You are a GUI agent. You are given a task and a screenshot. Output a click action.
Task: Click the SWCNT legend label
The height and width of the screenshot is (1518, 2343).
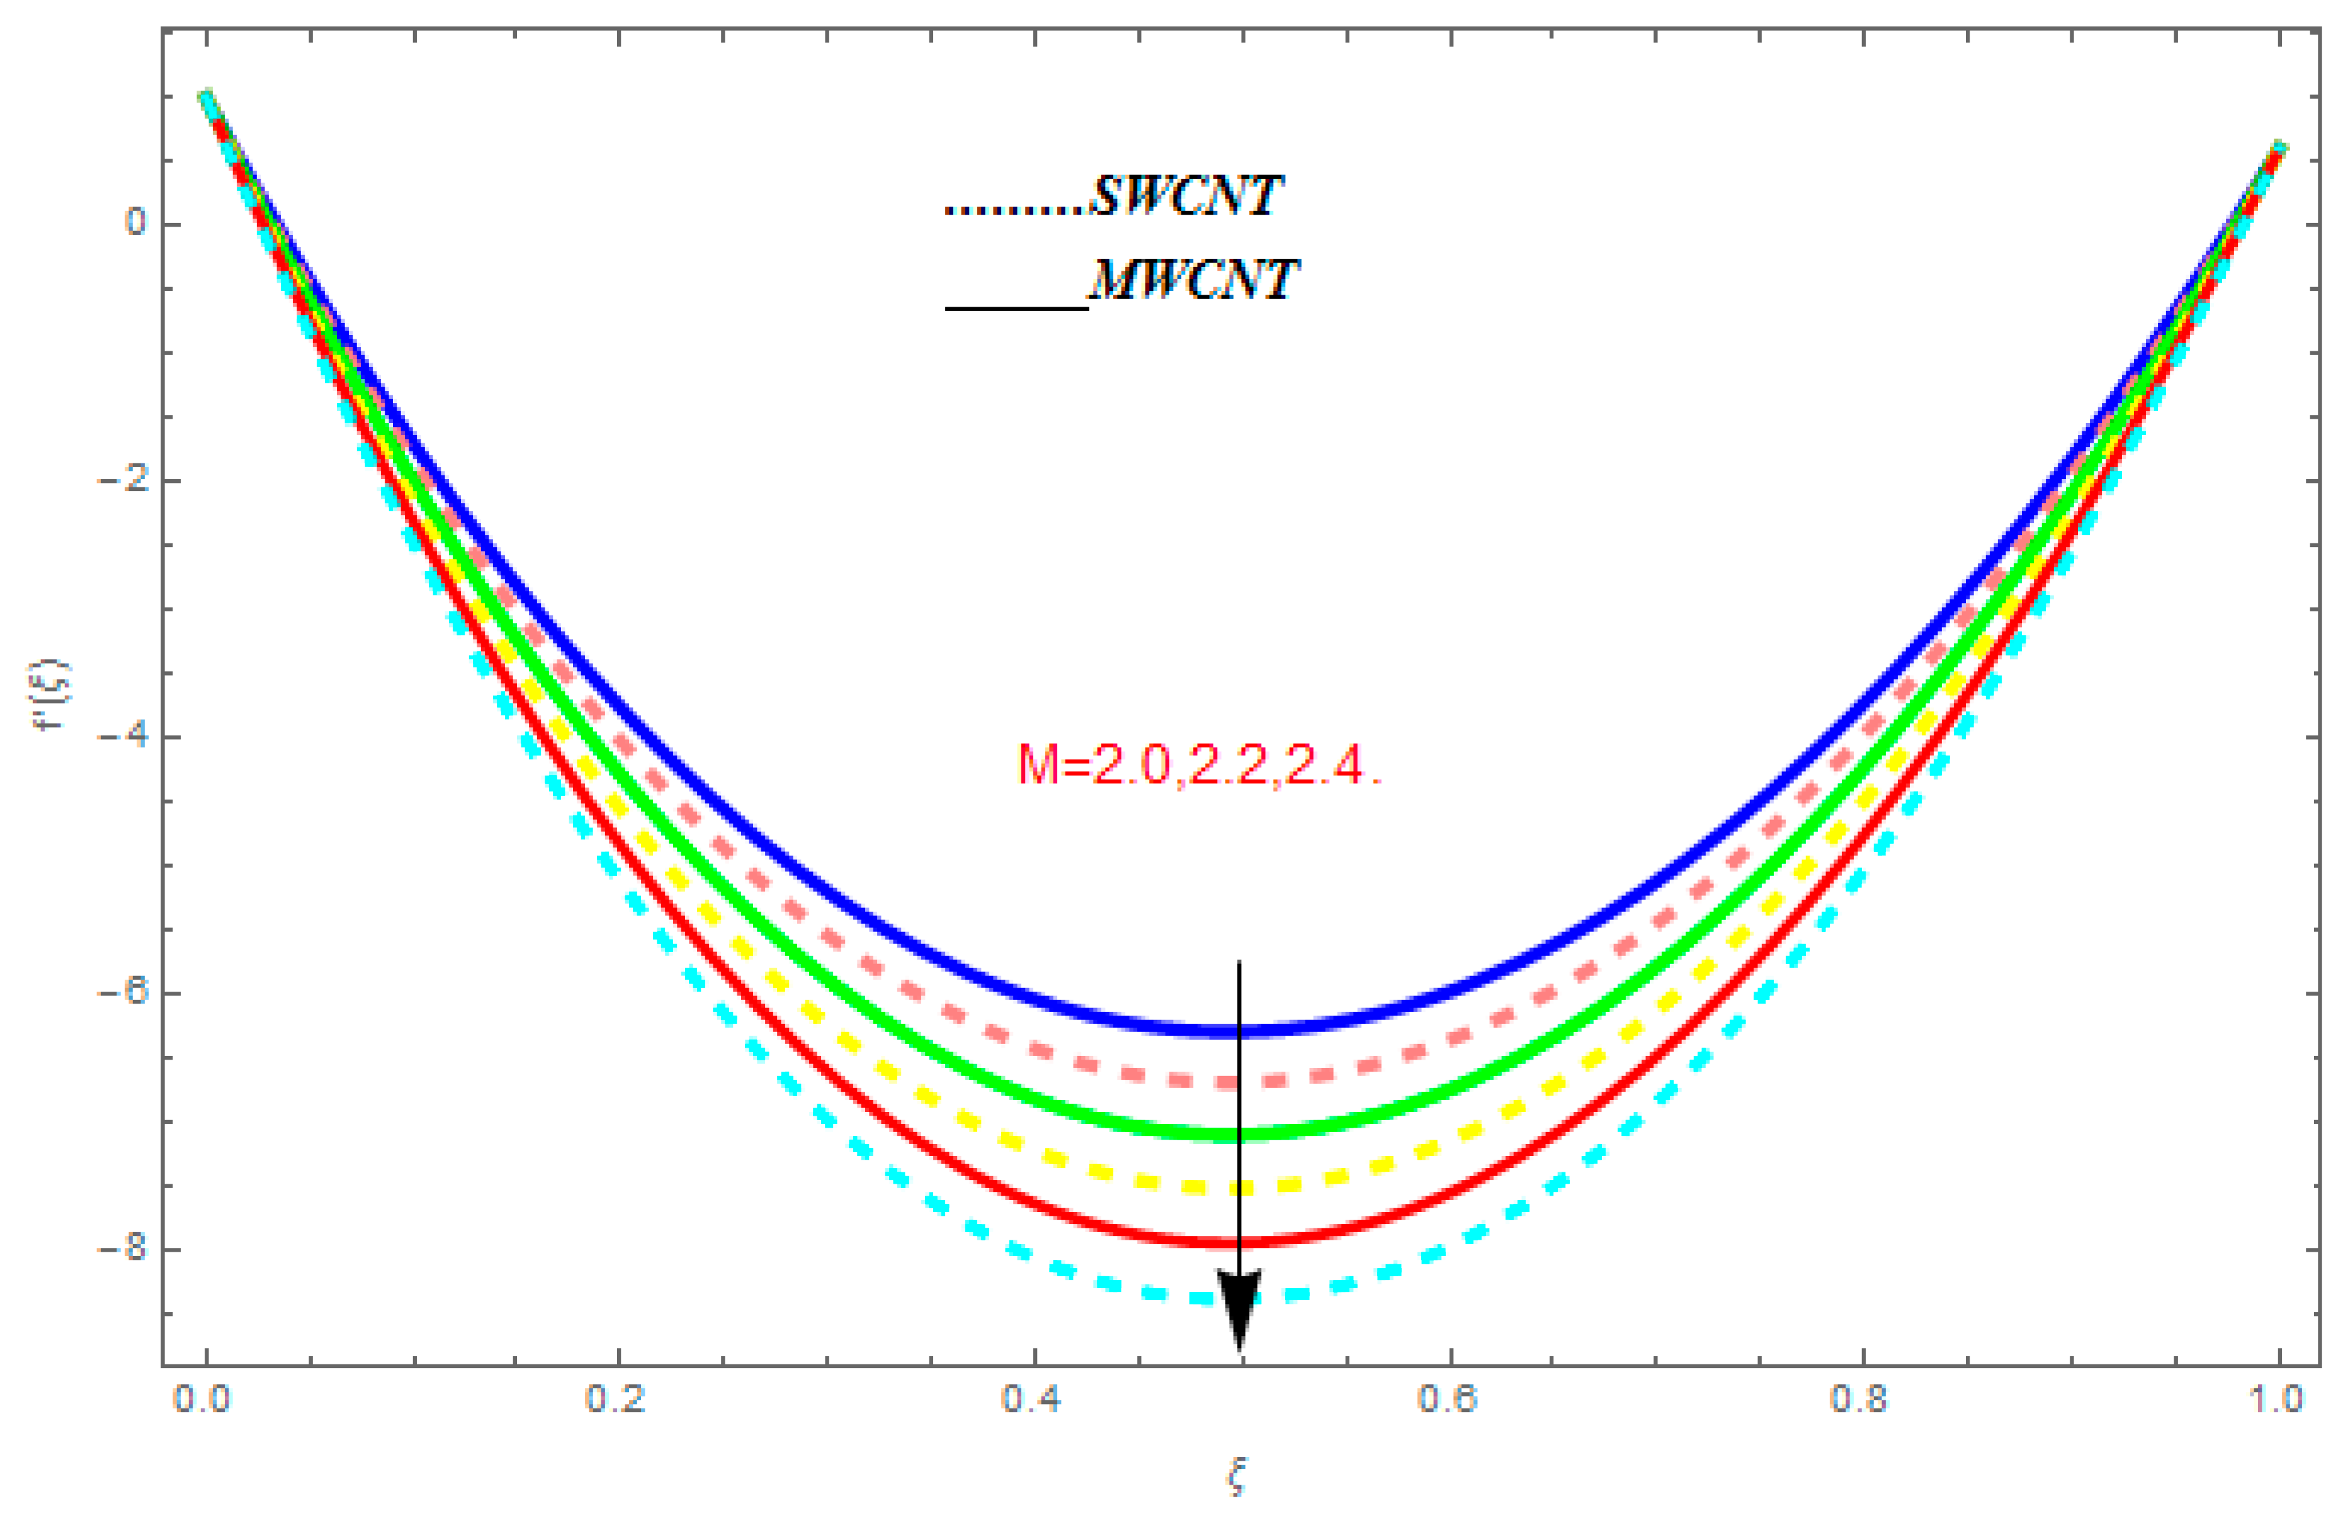[x=1186, y=197]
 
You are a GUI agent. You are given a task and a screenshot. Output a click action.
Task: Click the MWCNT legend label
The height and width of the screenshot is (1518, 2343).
[x=1193, y=281]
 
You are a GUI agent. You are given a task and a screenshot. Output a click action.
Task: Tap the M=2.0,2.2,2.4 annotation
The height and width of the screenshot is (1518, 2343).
[x=1199, y=765]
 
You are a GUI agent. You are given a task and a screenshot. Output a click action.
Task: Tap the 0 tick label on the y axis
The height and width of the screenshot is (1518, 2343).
[x=135, y=224]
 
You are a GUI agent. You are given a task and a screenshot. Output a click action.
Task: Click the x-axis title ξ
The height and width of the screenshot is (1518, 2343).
[x=1237, y=1476]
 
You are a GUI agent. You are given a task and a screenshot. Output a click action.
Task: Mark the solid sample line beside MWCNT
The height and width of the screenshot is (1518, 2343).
[x=1016, y=308]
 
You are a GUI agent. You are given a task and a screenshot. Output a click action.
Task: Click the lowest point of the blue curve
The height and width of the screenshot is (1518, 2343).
[x=1239, y=1031]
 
